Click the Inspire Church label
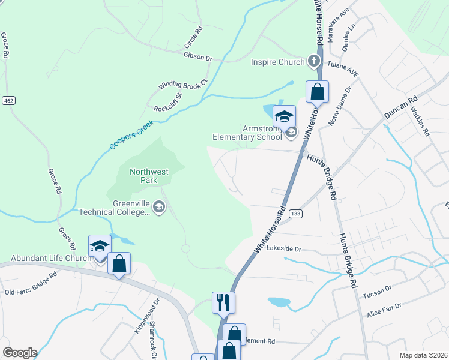[277, 61]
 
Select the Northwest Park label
[149, 175]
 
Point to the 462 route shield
[8, 100]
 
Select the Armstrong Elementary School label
[247, 133]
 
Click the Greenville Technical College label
[114, 208]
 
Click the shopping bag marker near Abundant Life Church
[119, 263]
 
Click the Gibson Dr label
[198, 58]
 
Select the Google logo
[20, 352]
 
